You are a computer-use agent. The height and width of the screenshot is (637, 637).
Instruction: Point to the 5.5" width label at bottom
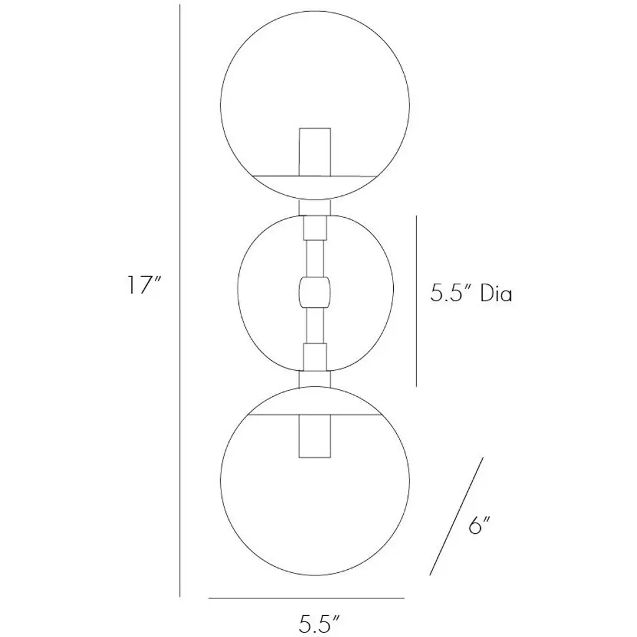coord(319,623)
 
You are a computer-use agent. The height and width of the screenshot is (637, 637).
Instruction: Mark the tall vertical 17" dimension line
coord(180,300)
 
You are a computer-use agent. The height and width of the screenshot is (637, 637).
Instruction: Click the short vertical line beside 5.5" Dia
coord(416,301)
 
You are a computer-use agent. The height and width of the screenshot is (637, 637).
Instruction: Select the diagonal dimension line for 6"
coord(457,516)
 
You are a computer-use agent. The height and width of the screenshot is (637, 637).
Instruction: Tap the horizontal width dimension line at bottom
coord(307,598)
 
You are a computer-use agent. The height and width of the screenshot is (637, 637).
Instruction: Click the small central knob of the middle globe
coord(315,292)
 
